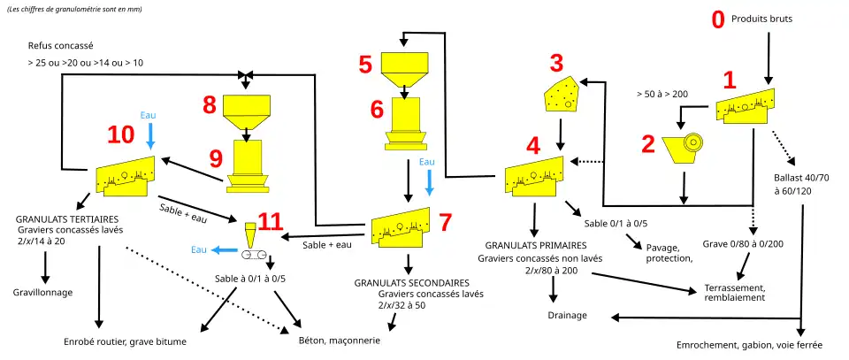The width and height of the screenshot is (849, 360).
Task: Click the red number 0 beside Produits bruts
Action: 718,19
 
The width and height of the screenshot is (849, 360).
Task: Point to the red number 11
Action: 272,221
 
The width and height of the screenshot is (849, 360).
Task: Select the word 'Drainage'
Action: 567,315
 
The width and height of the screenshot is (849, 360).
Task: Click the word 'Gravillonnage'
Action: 42,292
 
